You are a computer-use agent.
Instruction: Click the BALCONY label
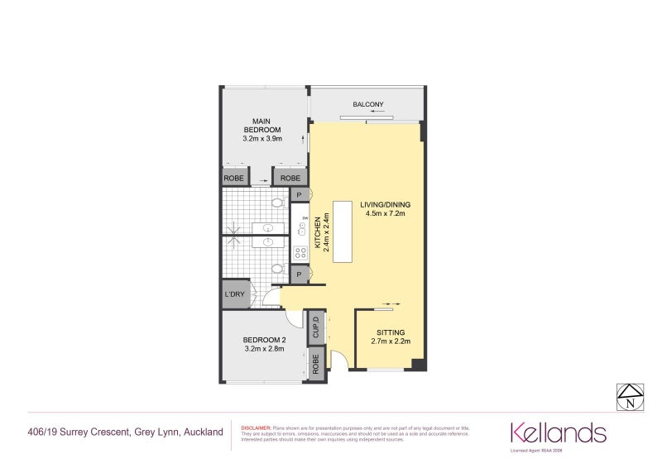pos(368,104)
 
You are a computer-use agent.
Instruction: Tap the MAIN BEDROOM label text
pos(262,126)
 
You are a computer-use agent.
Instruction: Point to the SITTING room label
pos(391,332)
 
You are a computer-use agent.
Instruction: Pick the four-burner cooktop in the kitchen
pos(301,252)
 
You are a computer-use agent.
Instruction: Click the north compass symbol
pos(631,398)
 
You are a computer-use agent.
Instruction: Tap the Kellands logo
pos(558,432)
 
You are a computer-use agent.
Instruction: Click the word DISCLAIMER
pos(254,428)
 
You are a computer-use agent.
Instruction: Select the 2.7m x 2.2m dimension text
pos(391,341)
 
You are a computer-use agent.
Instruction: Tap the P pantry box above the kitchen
pos(298,194)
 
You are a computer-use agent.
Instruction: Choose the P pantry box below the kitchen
pos(298,272)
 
